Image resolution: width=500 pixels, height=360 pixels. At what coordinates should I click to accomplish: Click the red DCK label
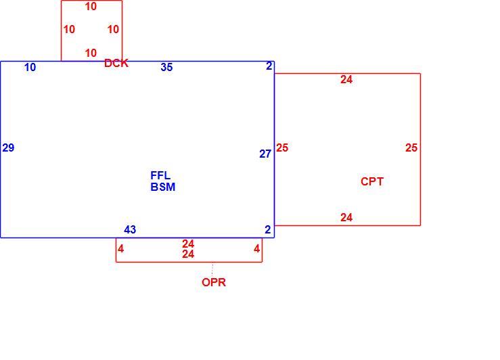(116, 63)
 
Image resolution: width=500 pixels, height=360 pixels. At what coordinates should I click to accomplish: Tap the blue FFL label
(160, 175)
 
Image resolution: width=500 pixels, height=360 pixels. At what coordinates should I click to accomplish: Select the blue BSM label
(163, 187)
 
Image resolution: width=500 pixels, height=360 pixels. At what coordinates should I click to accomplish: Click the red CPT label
(372, 181)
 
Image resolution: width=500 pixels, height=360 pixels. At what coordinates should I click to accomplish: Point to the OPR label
(214, 282)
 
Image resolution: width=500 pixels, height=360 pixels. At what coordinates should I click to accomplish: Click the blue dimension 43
(130, 229)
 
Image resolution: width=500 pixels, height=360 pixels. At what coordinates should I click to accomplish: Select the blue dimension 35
(166, 67)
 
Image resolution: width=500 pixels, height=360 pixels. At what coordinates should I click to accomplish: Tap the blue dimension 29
(8, 148)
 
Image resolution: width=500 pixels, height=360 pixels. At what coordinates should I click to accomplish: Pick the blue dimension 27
(265, 154)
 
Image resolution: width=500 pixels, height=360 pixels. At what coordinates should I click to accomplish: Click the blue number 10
(30, 67)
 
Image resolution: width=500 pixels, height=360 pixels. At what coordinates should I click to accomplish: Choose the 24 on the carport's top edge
(346, 79)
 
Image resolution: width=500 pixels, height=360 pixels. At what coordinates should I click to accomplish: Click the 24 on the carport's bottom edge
(346, 217)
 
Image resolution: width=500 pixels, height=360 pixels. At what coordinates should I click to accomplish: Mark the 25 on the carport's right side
(411, 148)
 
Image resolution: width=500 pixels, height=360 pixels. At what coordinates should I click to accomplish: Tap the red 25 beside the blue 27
(282, 148)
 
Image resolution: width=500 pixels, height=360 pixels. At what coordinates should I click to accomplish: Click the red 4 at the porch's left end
(120, 249)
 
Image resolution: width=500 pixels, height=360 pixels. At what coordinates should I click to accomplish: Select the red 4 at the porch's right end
(256, 249)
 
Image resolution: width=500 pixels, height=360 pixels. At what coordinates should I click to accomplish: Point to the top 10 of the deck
(91, 6)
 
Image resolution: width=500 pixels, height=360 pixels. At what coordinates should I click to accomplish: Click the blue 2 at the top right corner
(269, 66)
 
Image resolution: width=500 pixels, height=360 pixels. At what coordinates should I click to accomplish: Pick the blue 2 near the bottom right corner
(268, 229)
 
